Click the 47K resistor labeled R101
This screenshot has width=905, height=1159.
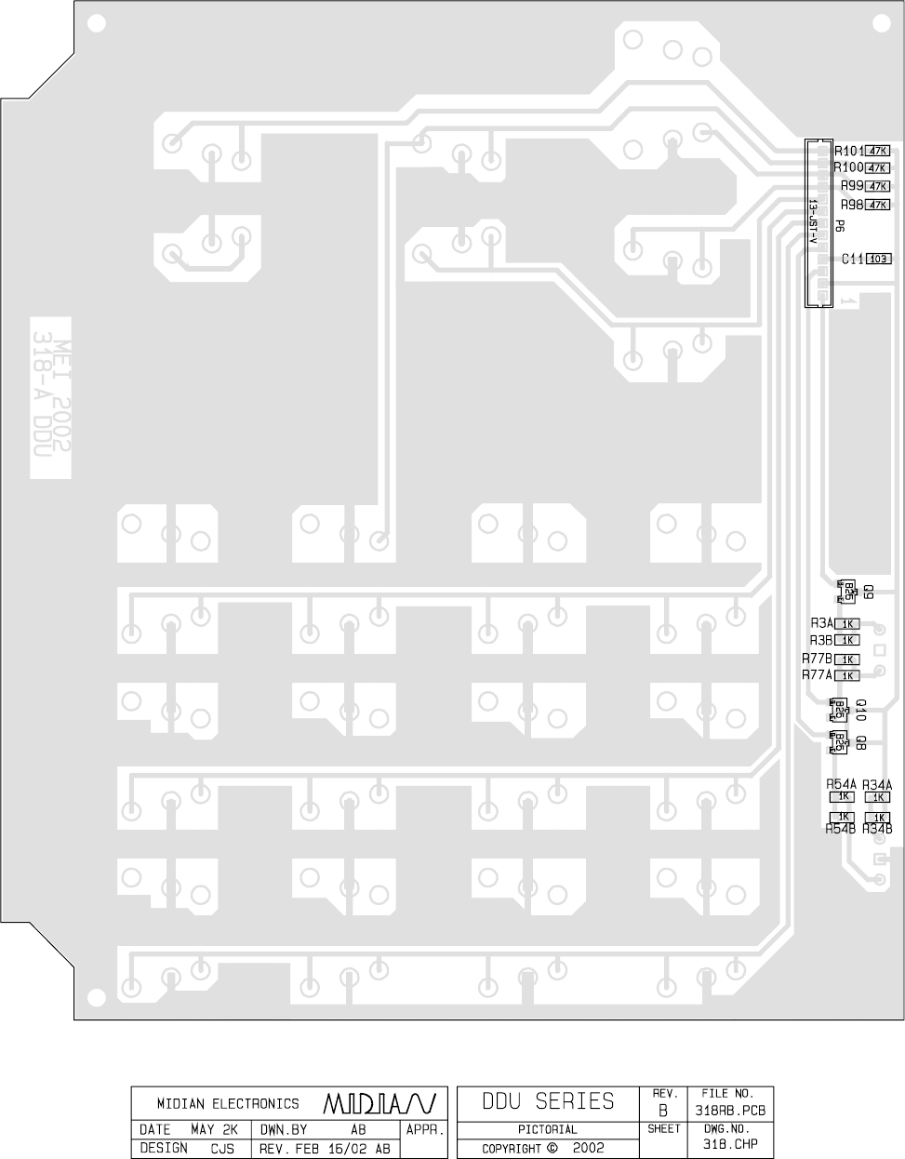878,151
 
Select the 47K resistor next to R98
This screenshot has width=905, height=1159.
878,205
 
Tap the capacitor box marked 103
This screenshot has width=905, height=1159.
879,260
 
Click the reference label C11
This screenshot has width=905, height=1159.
853,260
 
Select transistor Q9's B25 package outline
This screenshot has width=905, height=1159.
848,591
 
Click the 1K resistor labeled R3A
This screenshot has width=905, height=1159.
846,624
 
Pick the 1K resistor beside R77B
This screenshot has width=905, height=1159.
846,659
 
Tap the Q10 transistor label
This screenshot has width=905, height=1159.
861,711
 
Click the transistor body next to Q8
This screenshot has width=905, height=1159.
839,742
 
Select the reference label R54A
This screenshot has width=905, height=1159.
841,785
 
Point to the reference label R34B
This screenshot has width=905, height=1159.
877,829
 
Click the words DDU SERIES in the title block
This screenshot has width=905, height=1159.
548,1102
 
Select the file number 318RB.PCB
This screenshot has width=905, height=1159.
729,1111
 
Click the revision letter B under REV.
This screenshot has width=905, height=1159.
663,1111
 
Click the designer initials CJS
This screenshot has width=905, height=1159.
222,1149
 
